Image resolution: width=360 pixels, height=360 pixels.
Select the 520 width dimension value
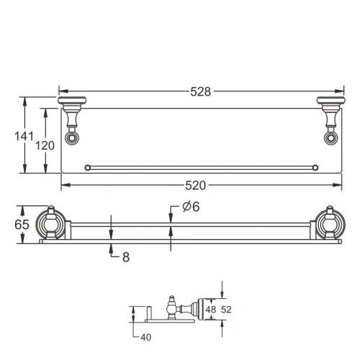199,186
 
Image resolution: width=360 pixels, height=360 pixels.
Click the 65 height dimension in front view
22,224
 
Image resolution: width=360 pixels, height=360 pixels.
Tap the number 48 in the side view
211,309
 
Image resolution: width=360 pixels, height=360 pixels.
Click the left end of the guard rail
87,168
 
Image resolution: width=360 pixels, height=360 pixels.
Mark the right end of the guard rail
314,168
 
